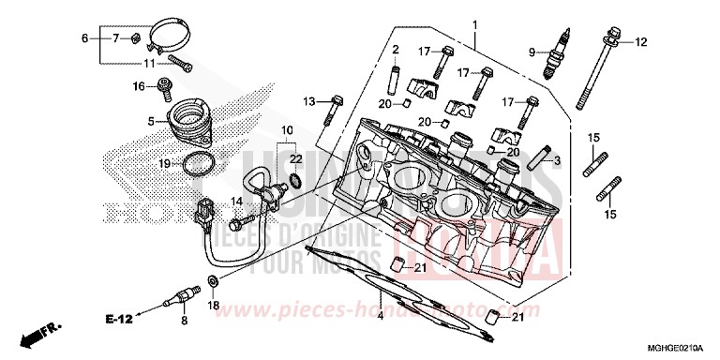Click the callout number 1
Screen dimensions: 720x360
click(475, 23)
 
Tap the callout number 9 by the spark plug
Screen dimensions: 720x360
click(532, 52)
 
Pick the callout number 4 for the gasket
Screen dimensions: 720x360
click(381, 316)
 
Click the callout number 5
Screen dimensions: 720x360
click(150, 121)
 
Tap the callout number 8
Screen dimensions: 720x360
click(184, 320)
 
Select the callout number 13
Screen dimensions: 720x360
click(308, 100)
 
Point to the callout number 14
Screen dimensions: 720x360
click(238, 201)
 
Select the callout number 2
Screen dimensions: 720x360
click(396, 49)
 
